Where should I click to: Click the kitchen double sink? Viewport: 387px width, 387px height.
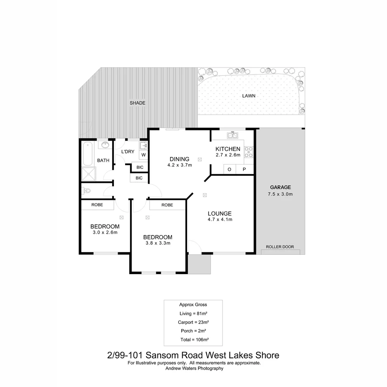(232, 135)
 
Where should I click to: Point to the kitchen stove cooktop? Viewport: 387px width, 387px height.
(249, 152)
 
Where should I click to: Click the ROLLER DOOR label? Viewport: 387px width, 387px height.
(280, 247)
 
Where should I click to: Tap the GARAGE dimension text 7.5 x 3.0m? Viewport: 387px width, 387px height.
(280, 194)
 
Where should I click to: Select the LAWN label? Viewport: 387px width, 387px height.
(249, 96)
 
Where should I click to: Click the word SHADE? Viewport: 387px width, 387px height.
(138, 103)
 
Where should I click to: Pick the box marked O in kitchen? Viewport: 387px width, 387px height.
(229, 169)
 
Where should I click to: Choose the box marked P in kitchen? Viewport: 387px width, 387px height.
(244, 169)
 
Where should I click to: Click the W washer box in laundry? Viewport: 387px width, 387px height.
(143, 155)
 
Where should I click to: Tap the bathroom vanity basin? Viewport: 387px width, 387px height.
(105, 145)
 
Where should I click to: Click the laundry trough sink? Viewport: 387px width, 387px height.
(143, 145)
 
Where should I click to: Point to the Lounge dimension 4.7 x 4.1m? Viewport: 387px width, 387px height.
(220, 219)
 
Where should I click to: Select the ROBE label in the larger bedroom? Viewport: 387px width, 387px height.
(167, 205)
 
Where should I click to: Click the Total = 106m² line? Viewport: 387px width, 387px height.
(193, 339)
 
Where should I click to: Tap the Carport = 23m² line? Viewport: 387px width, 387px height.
(193, 322)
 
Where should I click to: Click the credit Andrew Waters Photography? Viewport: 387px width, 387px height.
(194, 368)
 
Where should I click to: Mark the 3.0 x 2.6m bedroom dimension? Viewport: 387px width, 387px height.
(105, 232)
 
